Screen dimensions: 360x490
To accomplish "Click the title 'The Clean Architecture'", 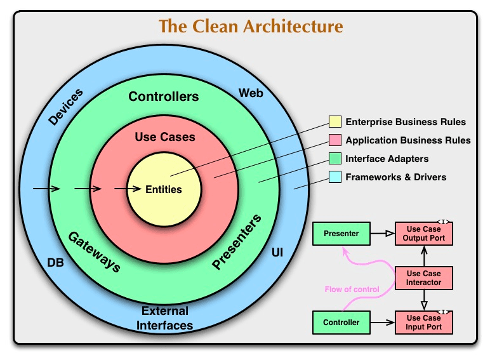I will (x=251, y=27).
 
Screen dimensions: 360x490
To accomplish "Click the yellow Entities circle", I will (x=164, y=189).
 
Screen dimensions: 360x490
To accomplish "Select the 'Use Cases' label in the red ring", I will (x=165, y=137).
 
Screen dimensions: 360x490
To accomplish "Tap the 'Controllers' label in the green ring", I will (x=164, y=97).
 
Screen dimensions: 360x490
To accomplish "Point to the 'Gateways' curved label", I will (x=94, y=251).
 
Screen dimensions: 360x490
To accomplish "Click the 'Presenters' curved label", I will (x=237, y=243).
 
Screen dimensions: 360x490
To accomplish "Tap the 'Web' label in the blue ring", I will (x=251, y=93).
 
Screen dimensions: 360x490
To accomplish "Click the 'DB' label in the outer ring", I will (x=56, y=262).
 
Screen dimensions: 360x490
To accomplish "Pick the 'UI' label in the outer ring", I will (x=277, y=253).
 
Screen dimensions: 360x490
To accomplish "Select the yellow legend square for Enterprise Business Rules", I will (x=334, y=122).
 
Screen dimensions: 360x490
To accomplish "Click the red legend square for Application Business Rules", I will (x=334, y=140).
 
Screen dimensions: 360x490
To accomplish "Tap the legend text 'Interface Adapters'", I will (x=387, y=159).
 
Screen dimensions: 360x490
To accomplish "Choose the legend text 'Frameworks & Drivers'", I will (x=395, y=177).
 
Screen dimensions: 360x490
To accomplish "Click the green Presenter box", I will (x=341, y=234).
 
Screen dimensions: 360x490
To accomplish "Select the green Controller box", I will (x=341, y=323).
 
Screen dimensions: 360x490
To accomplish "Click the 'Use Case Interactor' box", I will (x=424, y=277).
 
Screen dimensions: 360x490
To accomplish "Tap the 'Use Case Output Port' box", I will (x=424, y=234).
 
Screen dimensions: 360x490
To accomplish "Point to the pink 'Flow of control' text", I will (x=352, y=290).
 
